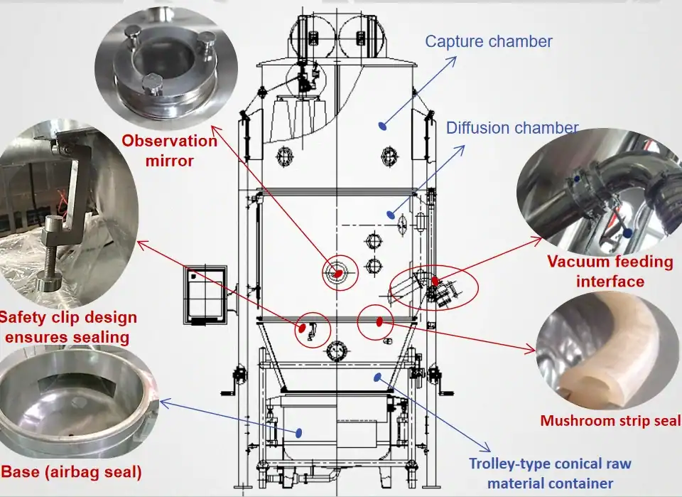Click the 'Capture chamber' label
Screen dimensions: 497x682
click(488, 41)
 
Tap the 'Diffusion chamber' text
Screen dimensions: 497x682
click(512, 129)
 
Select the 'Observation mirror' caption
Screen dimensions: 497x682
click(169, 151)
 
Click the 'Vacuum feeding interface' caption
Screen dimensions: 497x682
click(610, 271)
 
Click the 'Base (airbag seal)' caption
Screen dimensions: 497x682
click(71, 472)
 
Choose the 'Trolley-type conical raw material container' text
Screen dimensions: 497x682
click(549, 474)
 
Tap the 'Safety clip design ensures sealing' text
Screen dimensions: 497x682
click(68, 326)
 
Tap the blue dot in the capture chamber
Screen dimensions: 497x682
click(382, 126)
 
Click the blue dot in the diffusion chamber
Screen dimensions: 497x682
click(389, 213)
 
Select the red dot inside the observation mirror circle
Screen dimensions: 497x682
click(337, 271)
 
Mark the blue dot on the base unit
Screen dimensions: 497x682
click(298, 432)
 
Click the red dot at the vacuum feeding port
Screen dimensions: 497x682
click(435, 280)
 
